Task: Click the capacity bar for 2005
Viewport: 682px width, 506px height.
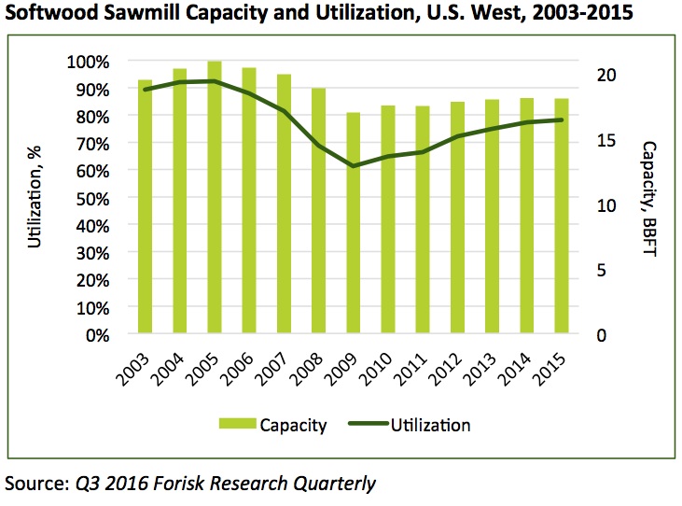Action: coord(215,197)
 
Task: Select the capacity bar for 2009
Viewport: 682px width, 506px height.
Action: coord(354,223)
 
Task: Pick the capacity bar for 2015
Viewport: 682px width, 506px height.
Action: coord(562,216)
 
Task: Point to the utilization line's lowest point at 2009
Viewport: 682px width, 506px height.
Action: coord(354,166)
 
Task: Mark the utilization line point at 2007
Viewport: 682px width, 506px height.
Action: coord(284,111)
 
